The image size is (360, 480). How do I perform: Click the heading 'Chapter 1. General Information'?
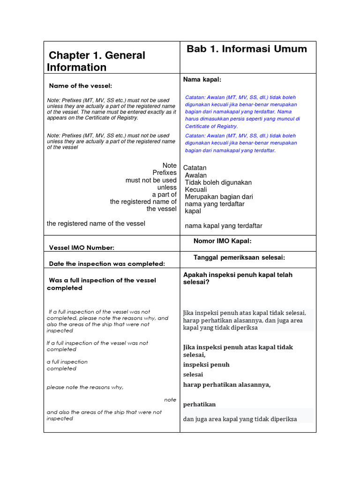click(x=96, y=61)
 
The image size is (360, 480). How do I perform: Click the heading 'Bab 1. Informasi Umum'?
click(x=247, y=49)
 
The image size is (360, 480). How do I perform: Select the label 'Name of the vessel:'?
click(x=81, y=86)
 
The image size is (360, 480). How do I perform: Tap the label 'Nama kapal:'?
click(x=202, y=80)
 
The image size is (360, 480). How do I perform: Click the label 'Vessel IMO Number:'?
click(x=82, y=247)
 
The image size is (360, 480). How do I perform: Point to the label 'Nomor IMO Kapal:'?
click(x=223, y=241)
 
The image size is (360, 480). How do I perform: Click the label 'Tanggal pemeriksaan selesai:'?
click(x=240, y=258)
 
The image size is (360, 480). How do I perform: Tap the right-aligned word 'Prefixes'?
click(x=165, y=173)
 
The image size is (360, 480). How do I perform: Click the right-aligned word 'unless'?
click(x=167, y=187)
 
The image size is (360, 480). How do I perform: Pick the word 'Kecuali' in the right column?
click(x=196, y=190)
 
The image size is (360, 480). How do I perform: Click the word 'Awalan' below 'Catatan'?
click(x=196, y=175)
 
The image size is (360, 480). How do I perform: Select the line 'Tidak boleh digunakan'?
click(x=218, y=182)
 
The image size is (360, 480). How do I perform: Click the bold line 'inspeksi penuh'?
click(x=206, y=365)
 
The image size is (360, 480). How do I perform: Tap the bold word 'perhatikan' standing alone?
click(x=199, y=405)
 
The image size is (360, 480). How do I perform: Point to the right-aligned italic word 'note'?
click(x=170, y=400)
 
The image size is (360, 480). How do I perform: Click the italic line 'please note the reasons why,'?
click(x=85, y=387)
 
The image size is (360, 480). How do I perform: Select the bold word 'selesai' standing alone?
click(x=193, y=375)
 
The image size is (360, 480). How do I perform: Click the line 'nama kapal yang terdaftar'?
click(x=224, y=226)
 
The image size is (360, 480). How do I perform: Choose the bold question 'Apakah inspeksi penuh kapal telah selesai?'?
click(x=238, y=278)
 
